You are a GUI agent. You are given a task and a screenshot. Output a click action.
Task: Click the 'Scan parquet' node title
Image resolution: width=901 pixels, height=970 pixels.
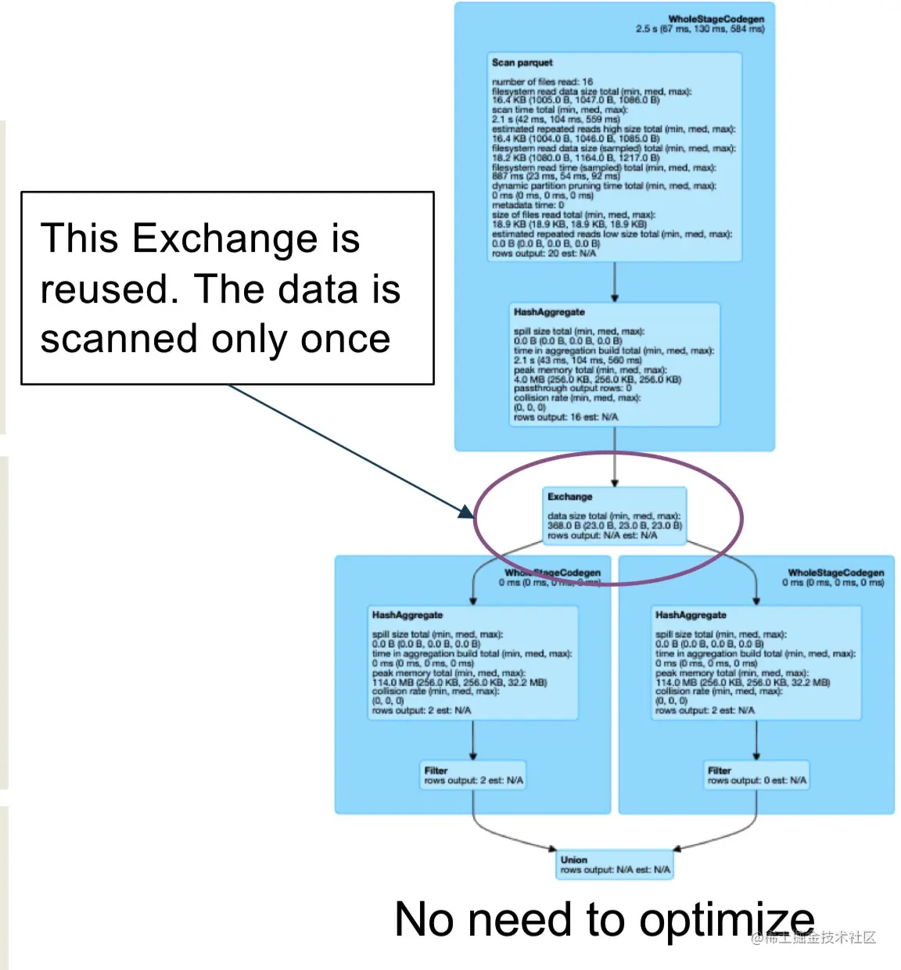coord(522,63)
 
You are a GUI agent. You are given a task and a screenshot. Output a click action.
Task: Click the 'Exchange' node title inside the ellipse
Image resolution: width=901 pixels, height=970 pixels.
coord(569,497)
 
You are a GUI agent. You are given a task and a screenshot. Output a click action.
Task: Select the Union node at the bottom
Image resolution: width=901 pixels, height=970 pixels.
coord(614,864)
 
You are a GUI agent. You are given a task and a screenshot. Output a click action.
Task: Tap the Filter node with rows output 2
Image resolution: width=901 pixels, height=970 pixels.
coord(473,775)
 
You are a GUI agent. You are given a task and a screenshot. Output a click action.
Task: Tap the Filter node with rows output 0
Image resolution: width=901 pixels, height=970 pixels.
coord(756,775)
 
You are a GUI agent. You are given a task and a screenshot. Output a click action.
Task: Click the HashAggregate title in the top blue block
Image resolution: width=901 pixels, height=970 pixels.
coord(549,312)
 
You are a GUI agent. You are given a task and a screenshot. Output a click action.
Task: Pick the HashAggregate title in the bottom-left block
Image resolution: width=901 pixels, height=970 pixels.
coord(407,616)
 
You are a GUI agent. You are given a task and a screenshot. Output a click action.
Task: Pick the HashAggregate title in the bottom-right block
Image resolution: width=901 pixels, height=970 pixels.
coord(691,616)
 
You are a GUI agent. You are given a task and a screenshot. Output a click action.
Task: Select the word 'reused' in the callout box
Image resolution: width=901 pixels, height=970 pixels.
coord(105,289)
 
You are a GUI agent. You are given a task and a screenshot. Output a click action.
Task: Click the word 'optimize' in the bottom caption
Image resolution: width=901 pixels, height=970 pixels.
coord(727,920)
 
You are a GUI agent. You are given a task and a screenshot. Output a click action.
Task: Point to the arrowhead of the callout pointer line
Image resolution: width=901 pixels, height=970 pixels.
coord(467,512)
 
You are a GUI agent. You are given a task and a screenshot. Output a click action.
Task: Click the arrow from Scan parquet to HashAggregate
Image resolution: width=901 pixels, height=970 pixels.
coord(615,282)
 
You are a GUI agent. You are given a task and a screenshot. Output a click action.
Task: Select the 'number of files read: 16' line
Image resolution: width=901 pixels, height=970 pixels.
coord(542,81)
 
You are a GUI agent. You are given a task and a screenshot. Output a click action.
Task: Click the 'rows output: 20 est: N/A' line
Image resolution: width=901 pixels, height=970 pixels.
coord(544,253)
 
